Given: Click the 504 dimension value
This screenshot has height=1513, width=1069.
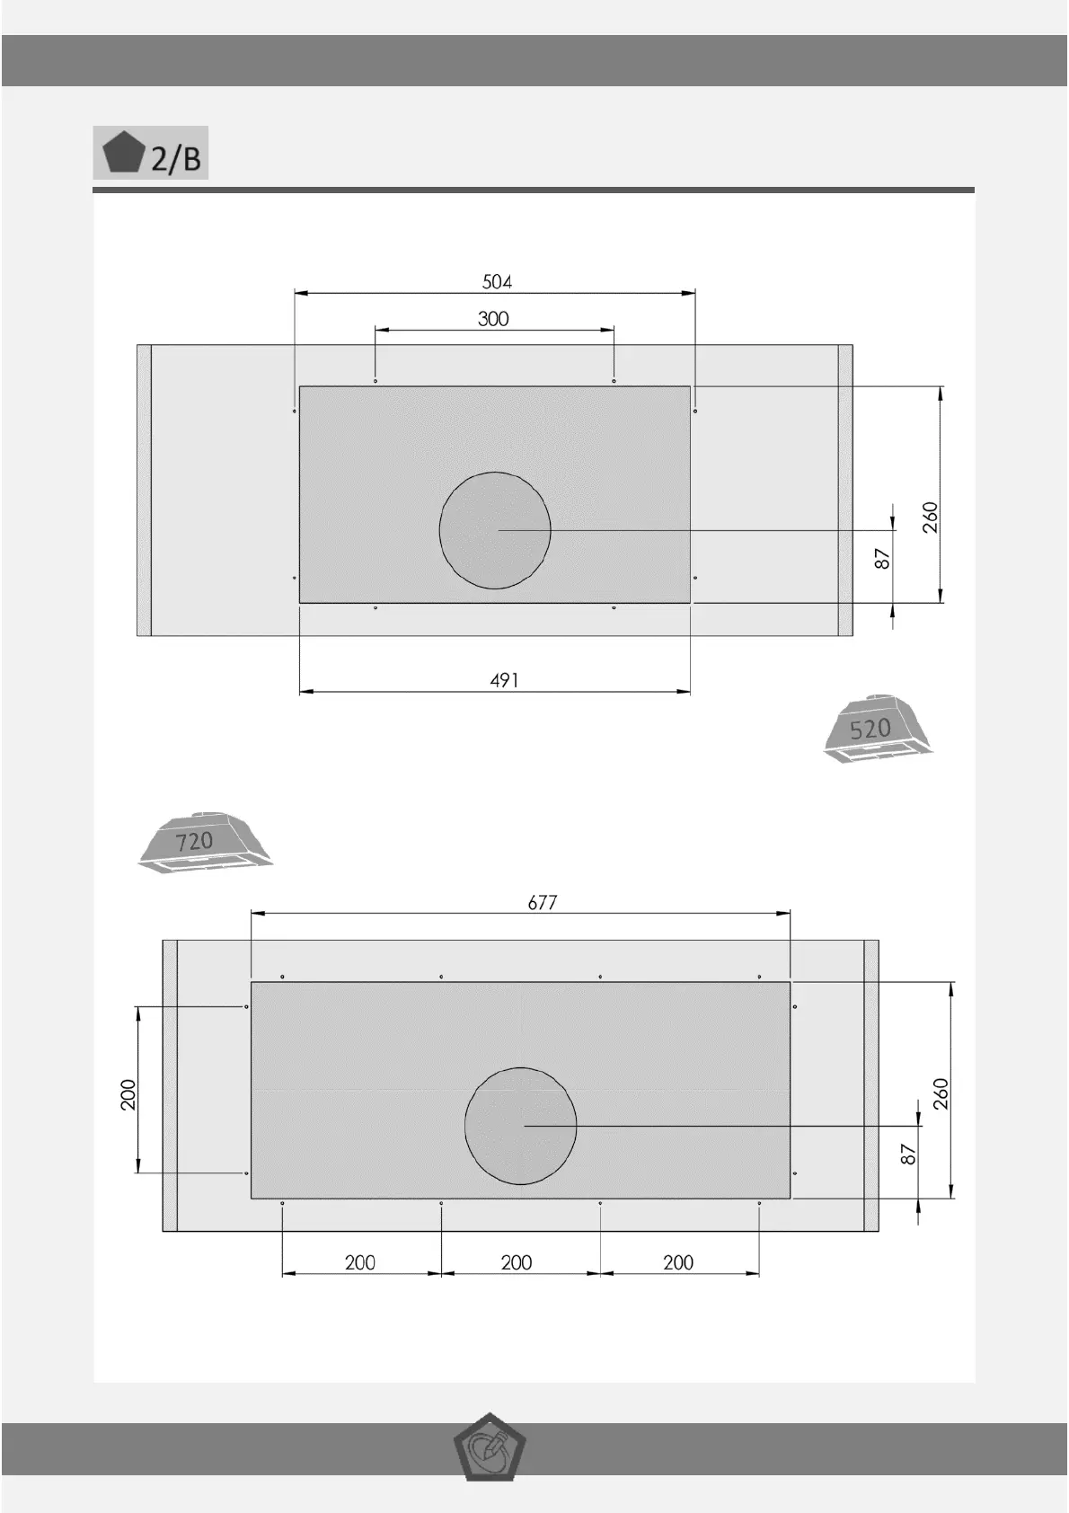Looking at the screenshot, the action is pos(497,281).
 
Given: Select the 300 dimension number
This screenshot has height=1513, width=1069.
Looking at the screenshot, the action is pos(493,319).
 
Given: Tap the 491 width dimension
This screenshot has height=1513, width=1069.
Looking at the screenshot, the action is pos(505,680).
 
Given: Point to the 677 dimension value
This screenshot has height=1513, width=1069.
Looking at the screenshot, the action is pos(543,902).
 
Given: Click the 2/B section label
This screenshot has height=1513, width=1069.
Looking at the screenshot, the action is pos(175,159).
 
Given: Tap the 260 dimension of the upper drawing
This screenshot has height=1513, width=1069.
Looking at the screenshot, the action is pos(931,518).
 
